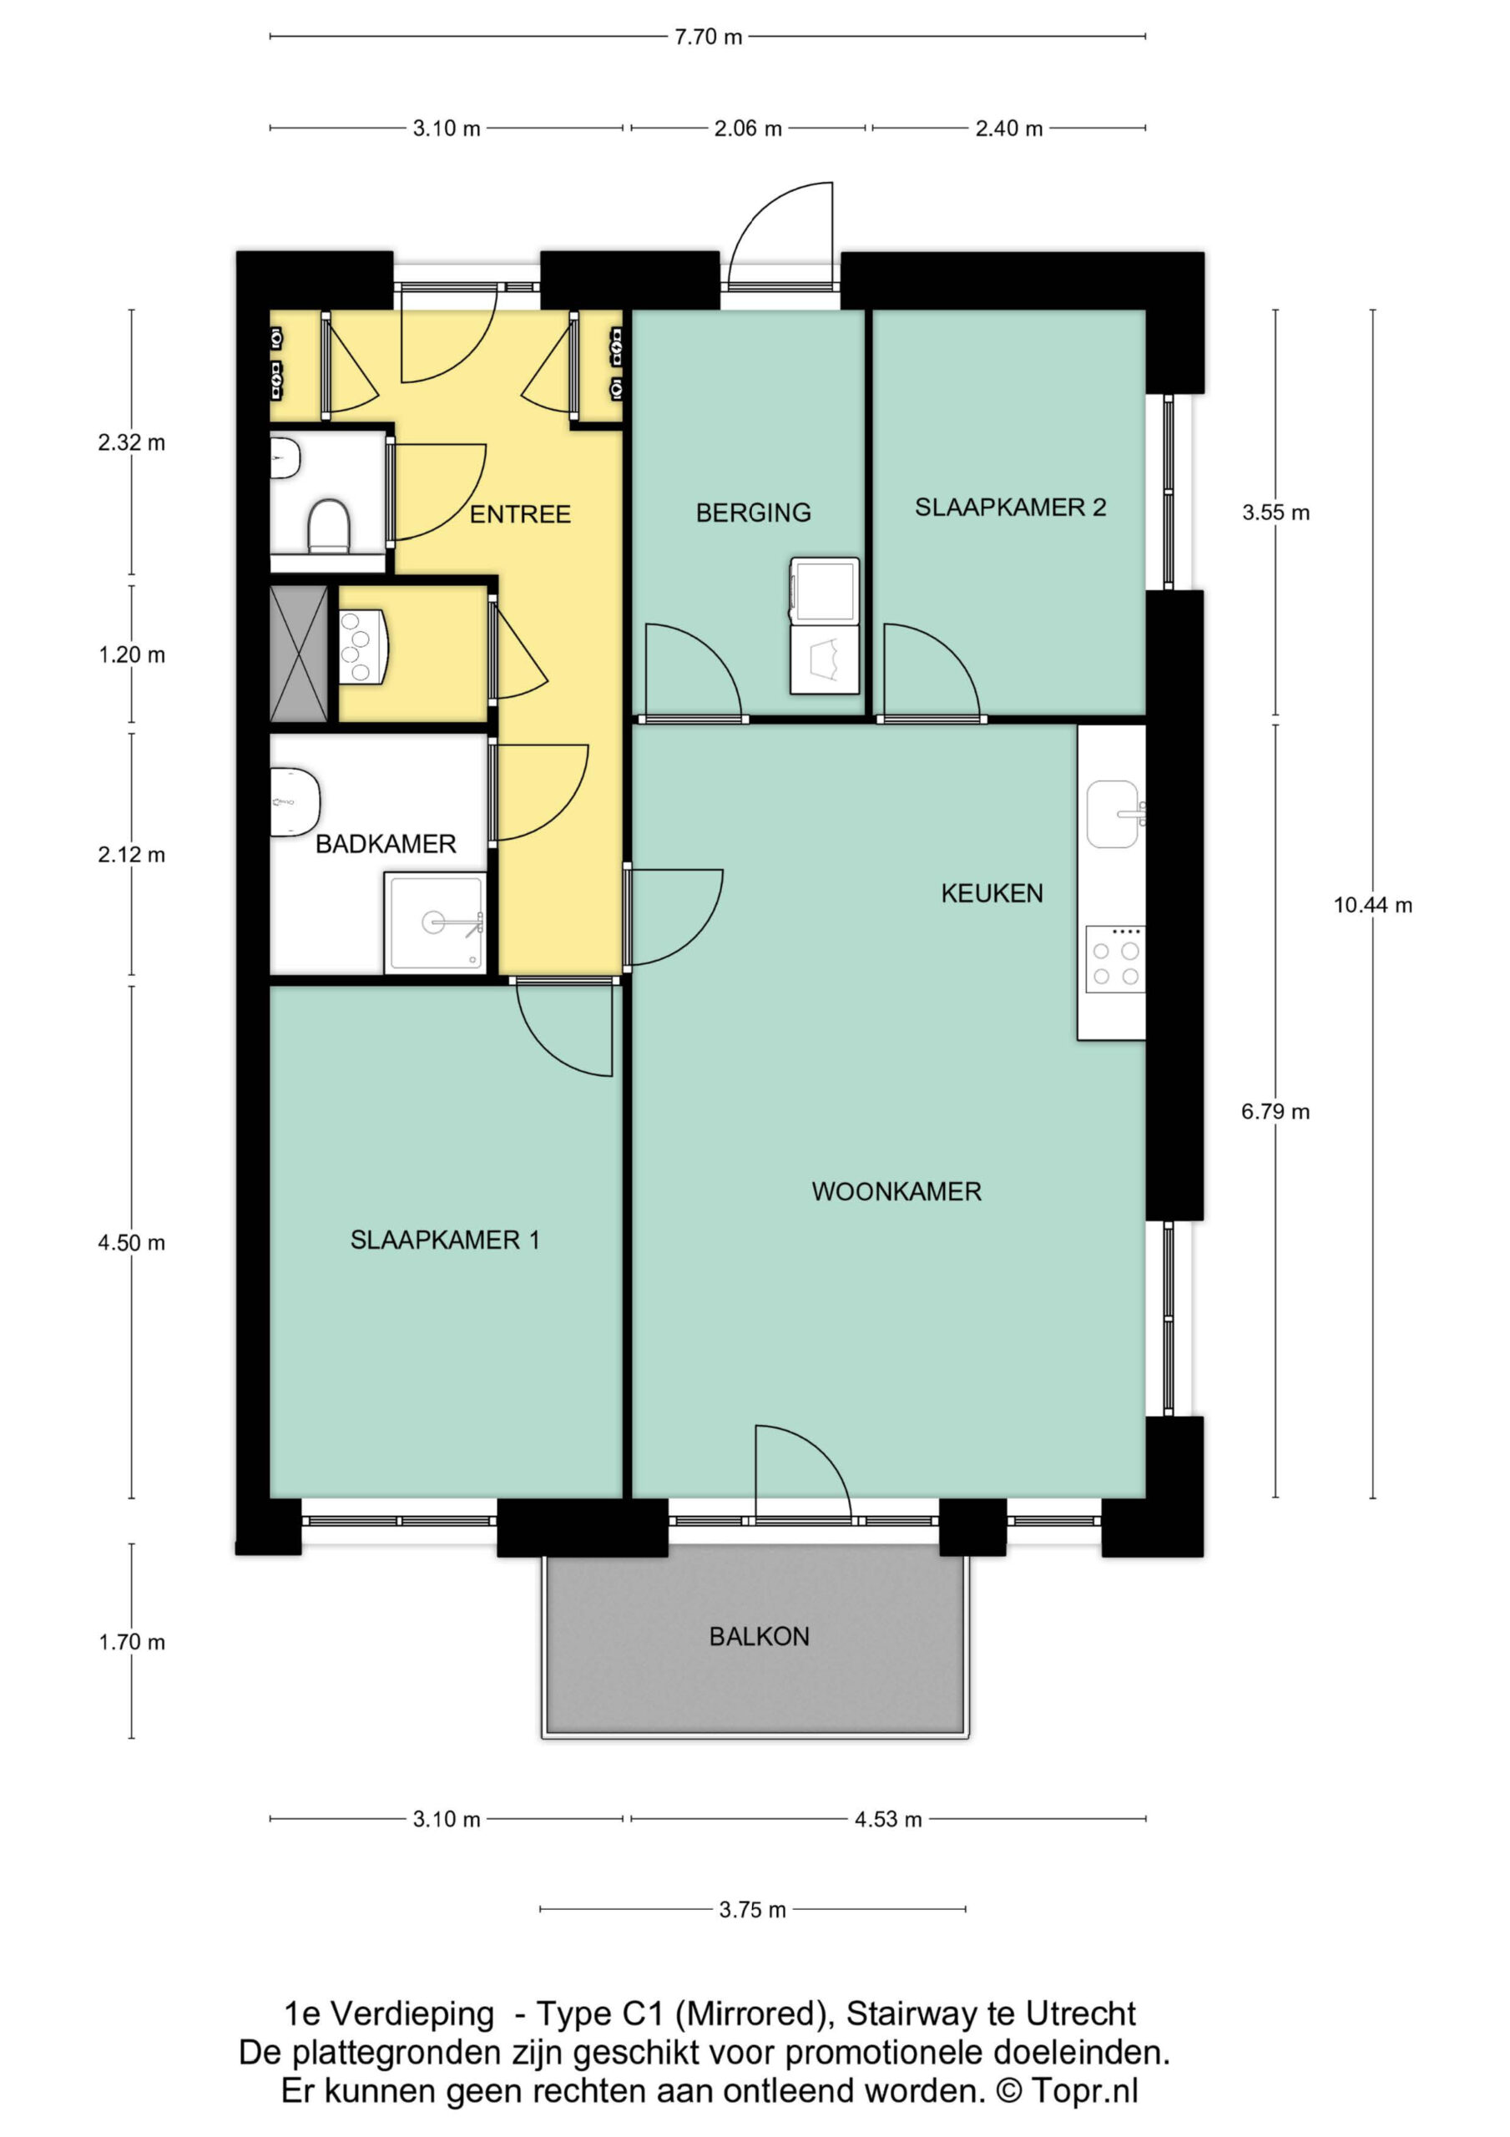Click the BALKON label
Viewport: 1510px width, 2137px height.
[x=759, y=1636]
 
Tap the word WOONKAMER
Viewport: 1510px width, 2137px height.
[x=896, y=1191]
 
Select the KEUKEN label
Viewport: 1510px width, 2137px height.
[x=992, y=893]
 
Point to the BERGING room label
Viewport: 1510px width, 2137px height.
[x=753, y=513]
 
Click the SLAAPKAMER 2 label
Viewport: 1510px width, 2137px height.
[x=1010, y=508]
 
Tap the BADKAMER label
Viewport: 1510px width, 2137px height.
[x=386, y=844]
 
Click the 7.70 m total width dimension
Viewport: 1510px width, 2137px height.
[x=709, y=38]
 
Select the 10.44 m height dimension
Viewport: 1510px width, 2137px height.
[x=1372, y=905]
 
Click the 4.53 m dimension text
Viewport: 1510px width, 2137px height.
[x=888, y=1819]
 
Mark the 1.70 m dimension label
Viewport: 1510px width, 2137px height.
[x=131, y=1642]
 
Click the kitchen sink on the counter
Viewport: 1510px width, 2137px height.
[x=1115, y=815]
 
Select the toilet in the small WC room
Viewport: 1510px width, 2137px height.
[x=328, y=526]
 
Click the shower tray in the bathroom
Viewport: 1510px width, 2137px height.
[x=436, y=922]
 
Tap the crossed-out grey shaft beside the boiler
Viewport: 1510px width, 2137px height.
[x=299, y=654]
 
